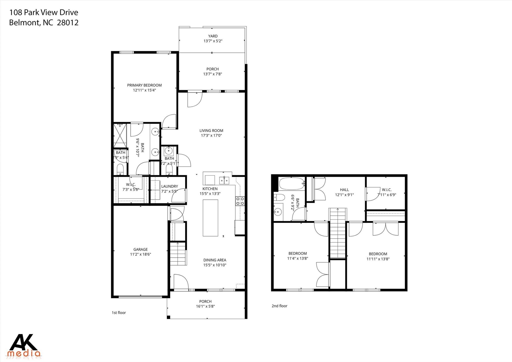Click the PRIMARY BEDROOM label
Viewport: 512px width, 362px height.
[x=144, y=85]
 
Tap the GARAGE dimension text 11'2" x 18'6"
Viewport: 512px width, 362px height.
[x=140, y=254]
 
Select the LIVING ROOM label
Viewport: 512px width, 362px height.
[x=211, y=131]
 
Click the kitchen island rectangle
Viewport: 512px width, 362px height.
[x=210, y=218]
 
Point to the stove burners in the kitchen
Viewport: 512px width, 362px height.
[x=240, y=201]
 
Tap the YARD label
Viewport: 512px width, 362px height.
[x=213, y=36]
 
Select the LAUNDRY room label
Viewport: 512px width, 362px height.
[x=169, y=186]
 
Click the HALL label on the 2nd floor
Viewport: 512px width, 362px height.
[x=344, y=190]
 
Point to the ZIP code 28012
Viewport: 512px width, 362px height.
[x=68, y=23]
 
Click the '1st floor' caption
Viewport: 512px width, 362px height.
[x=119, y=313]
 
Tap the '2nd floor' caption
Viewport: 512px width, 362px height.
[x=279, y=306]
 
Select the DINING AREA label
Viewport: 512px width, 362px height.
[x=214, y=260]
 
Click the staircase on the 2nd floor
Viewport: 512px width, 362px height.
[x=338, y=233]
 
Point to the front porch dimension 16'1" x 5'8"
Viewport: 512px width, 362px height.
[x=205, y=306]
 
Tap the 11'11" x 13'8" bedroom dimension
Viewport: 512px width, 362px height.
[x=378, y=259]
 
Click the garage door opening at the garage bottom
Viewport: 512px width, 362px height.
[x=140, y=297]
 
